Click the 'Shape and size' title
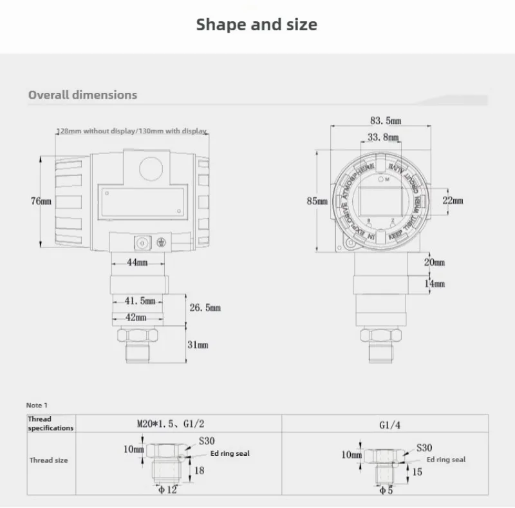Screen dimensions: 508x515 tap(256, 24)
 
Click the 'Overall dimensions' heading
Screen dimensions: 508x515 tap(82, 95)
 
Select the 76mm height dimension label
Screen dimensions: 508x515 tap(41, 201)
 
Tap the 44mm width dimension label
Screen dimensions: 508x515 tap(136, 263)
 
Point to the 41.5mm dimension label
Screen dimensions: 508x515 tap(139, 301)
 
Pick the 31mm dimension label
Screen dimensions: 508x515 tap(198, 345)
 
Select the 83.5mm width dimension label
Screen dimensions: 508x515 tap(386, 121)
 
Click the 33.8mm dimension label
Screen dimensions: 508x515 tap(383, 137)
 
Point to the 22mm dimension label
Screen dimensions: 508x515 tap(453, 200)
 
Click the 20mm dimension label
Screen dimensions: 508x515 tap(434, 262)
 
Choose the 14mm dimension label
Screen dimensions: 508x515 tap(434, 284)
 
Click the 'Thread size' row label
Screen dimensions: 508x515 tap(48, 460)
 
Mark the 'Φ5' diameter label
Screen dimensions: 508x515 tap(386, 491)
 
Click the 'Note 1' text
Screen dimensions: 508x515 tap(37, 405)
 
